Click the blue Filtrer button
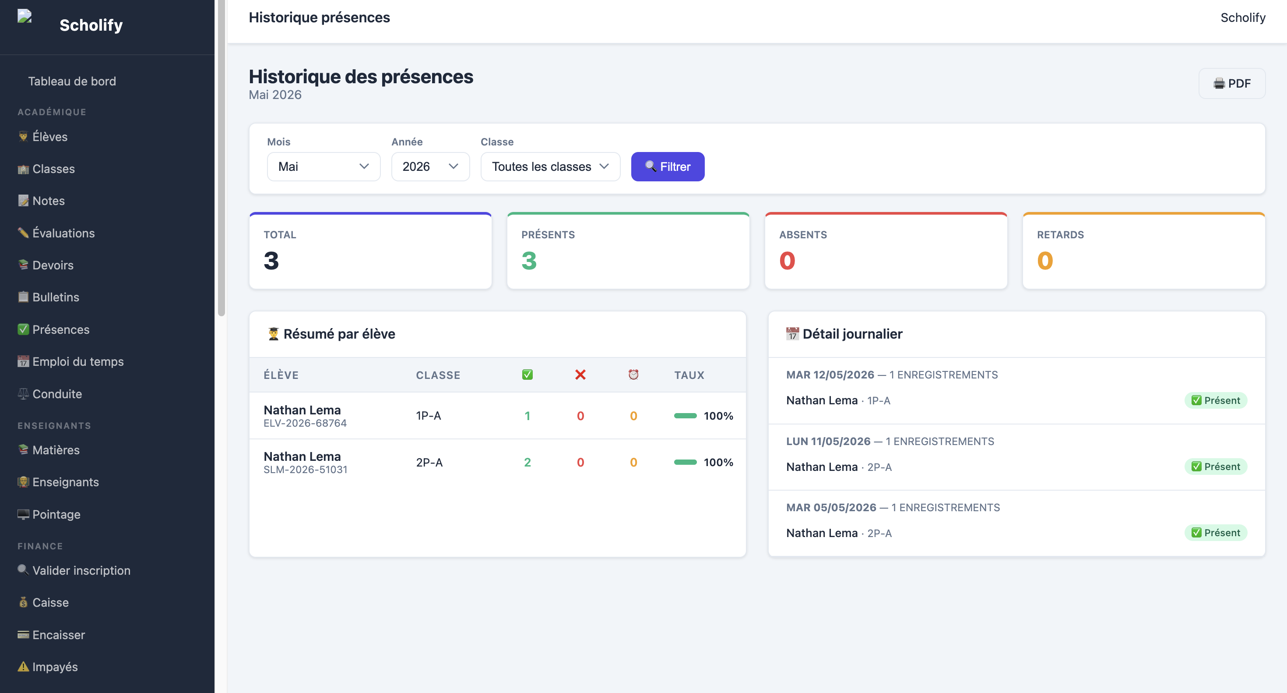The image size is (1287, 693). point(668,166)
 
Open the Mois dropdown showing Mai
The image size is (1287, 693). point(323,166)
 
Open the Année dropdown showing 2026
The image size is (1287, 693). point(430,166)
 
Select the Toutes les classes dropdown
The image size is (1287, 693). point(550,166)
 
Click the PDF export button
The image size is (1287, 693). point(1231,84)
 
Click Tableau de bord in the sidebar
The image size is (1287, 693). point(72,81)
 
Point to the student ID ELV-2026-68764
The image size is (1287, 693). point(305,423)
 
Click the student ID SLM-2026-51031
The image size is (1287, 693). point(305,470)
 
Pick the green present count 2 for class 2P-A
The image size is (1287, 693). point(527,463)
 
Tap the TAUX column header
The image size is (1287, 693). point(689,375)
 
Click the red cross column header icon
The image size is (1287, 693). point(580,375)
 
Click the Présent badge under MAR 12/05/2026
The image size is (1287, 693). point(1216,400)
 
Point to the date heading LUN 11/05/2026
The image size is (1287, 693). point(828,442)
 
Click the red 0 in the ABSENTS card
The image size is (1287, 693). point(787,261)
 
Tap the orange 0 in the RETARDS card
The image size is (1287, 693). point(1044,261)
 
